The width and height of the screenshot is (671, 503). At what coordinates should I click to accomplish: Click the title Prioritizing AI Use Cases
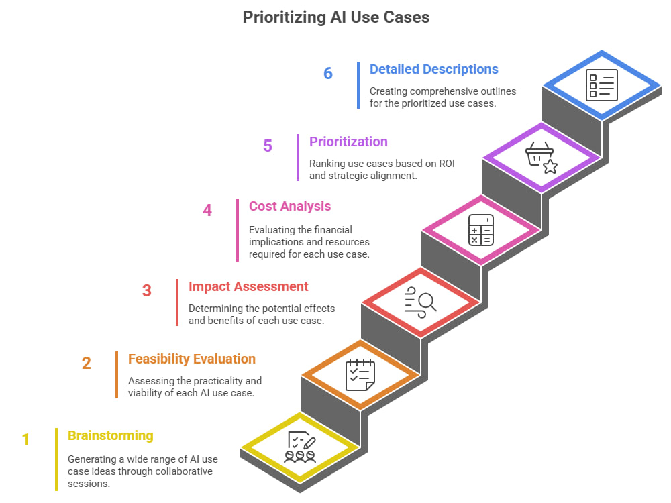[336, 17]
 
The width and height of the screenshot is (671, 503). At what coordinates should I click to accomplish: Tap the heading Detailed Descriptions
[434, 69]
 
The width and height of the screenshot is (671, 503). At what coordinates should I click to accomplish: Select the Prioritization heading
[348, 142]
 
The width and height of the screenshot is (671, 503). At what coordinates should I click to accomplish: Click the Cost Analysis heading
[290, 206]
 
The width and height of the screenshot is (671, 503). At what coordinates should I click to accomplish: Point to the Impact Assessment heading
[248, 286]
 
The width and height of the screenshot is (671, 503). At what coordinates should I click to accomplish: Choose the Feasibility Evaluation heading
[192, 359]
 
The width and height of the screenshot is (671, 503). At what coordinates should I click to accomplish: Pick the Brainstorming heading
[111, 435]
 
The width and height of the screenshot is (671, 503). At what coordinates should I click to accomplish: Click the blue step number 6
[328, 74]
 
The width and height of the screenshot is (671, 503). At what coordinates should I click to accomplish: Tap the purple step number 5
[268, 146]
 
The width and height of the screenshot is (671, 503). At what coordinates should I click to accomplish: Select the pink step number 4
[207, 210]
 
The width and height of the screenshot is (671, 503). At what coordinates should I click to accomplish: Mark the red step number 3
[147, 291]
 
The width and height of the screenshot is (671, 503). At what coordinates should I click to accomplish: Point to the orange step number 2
[87, 363]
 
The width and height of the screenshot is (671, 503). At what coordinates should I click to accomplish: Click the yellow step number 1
[25, 440]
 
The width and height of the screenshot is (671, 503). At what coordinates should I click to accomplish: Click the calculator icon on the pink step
[481, 230]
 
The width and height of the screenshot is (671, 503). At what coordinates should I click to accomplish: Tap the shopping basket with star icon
[541, 158]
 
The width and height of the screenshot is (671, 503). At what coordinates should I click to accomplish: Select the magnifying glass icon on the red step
[420, 302]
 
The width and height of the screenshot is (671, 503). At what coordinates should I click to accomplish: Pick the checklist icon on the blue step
[602, 85]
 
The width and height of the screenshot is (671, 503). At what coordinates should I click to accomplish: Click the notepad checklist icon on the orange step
[360, 375]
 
